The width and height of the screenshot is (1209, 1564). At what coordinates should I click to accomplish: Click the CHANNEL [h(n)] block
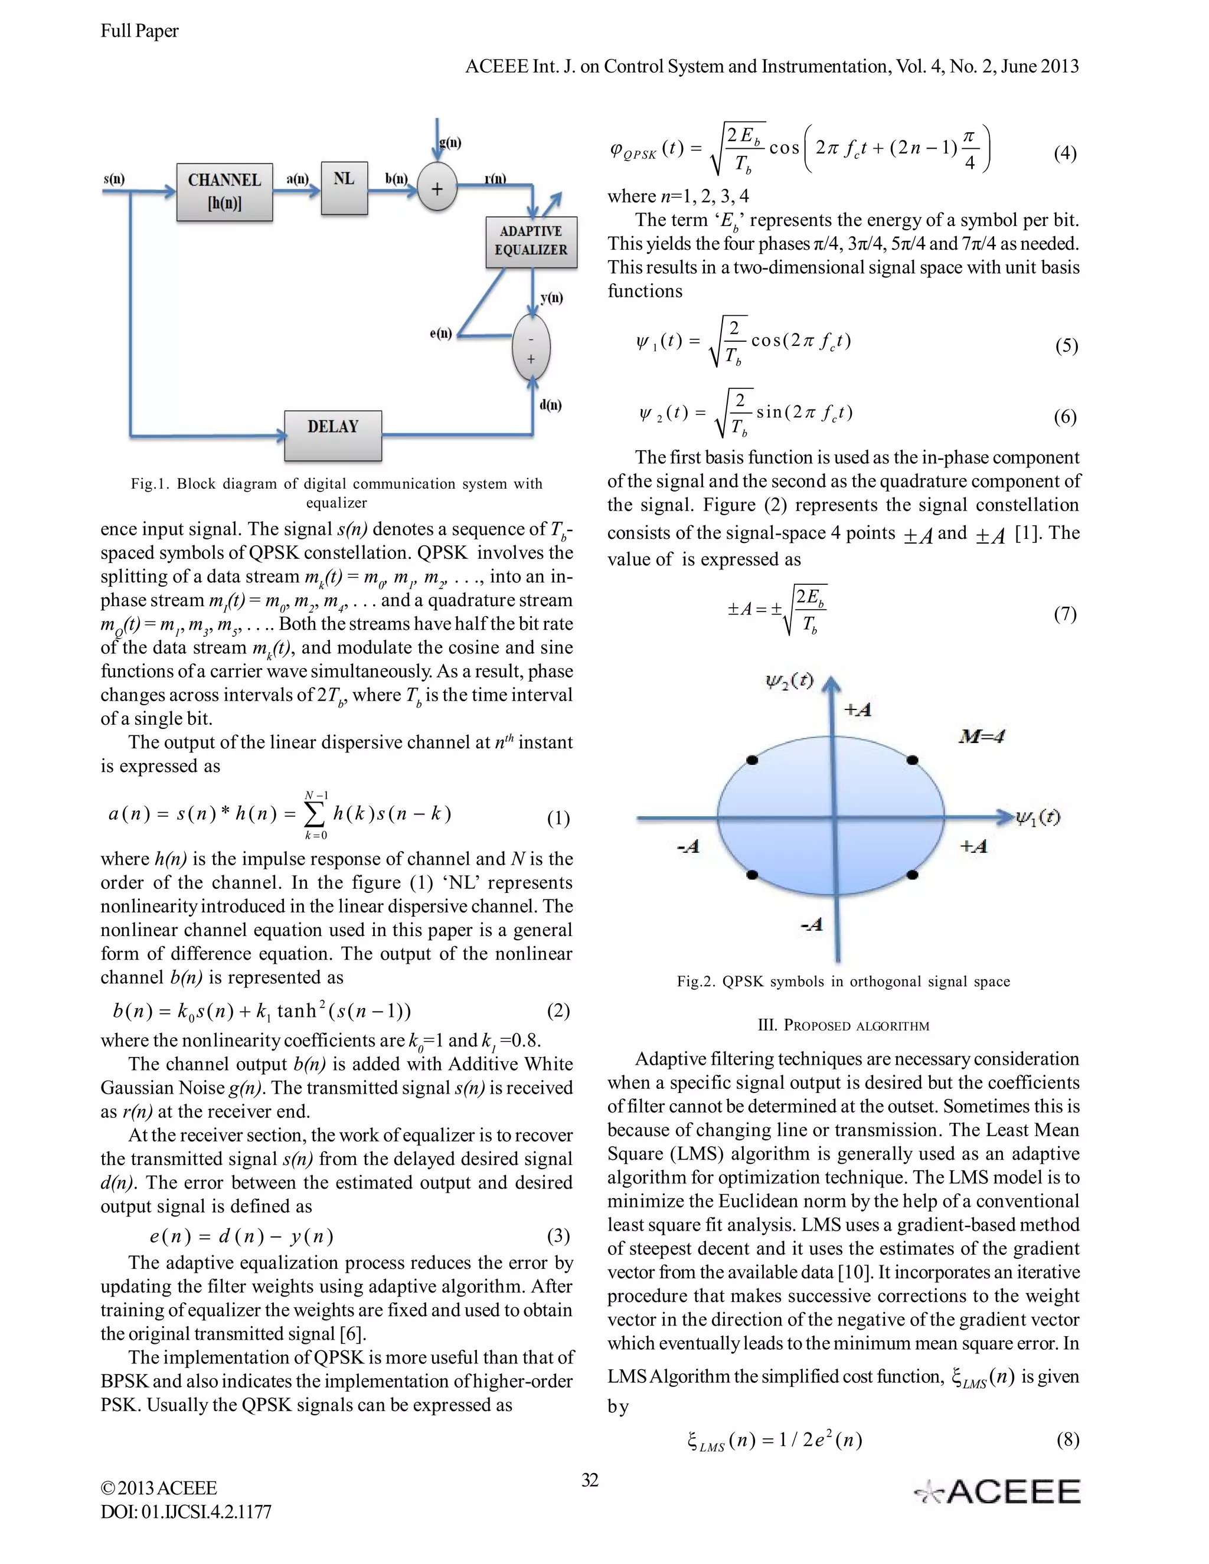point(224,191)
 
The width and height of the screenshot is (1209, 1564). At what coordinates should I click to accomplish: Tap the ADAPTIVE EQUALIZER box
point(531,241)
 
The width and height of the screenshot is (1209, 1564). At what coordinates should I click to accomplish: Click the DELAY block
point(333,435)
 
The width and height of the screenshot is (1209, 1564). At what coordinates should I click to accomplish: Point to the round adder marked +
point(437,189)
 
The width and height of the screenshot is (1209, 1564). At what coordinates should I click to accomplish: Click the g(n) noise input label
point(450,142)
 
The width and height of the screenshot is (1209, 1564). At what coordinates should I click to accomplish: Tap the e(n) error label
point(440,333)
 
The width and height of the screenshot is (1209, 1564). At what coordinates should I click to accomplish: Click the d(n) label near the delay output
point(550,405)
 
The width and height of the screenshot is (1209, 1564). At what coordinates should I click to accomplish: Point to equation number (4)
point(1064,153)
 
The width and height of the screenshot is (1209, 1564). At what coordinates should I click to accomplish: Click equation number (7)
point(1064,614)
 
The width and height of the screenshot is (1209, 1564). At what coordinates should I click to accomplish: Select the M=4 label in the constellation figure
point(981,735)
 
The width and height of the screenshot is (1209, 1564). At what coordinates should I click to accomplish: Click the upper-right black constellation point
point(911,760)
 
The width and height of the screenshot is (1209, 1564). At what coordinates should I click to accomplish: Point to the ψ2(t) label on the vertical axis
point(789,680)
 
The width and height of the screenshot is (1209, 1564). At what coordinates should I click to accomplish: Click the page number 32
point(590,1480)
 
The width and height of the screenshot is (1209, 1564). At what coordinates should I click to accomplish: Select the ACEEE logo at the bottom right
point(998,1491)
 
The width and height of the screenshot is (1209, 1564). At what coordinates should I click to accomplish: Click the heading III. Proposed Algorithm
point(843,1026)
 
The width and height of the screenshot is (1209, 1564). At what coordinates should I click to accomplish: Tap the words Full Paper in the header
point(140,31)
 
